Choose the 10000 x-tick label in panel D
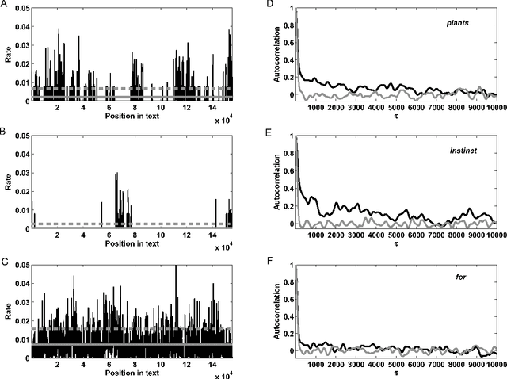coord(494,109)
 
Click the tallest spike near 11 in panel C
coord(176,267)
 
